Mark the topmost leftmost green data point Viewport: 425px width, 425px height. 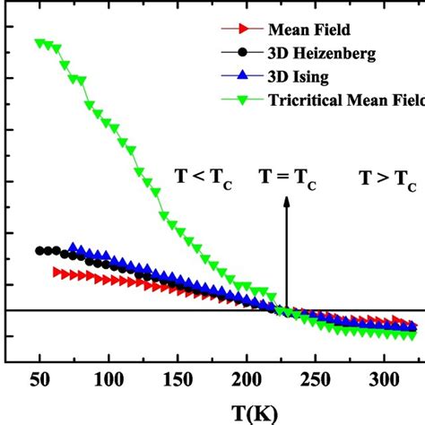coord(39,42)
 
